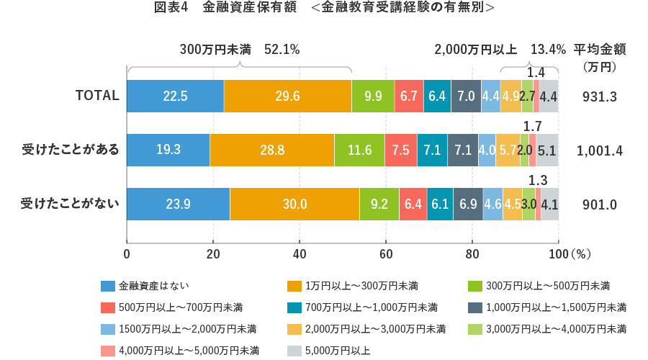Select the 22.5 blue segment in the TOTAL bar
[175, 96]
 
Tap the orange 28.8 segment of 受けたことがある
[271, 150]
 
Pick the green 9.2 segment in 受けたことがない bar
[379, 204]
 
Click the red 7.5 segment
[401, 150]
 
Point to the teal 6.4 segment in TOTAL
[437, 96]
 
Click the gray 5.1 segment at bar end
[547, 150]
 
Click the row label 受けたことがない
[70, 204]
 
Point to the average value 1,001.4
[599, 150]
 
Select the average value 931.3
[599, 96]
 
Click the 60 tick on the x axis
[386, 253]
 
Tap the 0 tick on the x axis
[127, 253]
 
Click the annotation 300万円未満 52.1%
[240, 50]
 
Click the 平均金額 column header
[599, 50]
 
